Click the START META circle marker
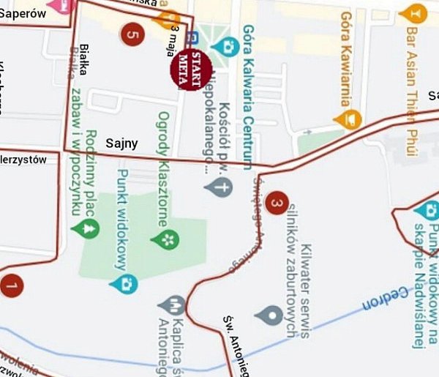pos(190,70)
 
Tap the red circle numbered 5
pos(132,33)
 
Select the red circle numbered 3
pos(276,204)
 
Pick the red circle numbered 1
pos(11,285)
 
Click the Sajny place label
pos(121,143)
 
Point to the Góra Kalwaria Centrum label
pos(248,95)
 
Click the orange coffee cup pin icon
pos(353,117)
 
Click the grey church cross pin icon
pos(218,187)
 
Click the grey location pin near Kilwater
pos(269,316)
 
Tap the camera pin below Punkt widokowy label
pos(127,283)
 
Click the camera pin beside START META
pos(229,46)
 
